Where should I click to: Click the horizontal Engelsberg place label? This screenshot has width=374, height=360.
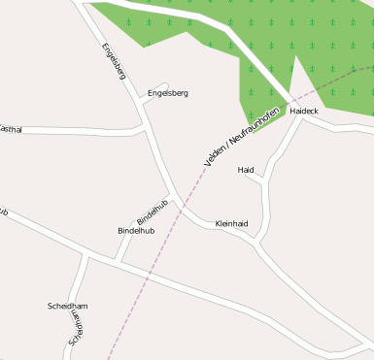167,93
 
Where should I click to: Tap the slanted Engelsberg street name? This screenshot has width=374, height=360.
114,61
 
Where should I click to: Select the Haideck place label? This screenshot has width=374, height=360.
304,112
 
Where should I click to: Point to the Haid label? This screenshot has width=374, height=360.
246,170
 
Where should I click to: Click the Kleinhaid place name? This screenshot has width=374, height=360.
231,223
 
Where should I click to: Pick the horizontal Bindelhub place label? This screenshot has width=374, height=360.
136,231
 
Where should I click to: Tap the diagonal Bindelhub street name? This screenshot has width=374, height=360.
153,211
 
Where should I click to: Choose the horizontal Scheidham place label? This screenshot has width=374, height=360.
68,306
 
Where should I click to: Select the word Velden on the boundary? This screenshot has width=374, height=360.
215,152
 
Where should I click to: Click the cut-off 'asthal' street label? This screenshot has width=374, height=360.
11,128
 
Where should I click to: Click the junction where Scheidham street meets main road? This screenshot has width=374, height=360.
86,254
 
